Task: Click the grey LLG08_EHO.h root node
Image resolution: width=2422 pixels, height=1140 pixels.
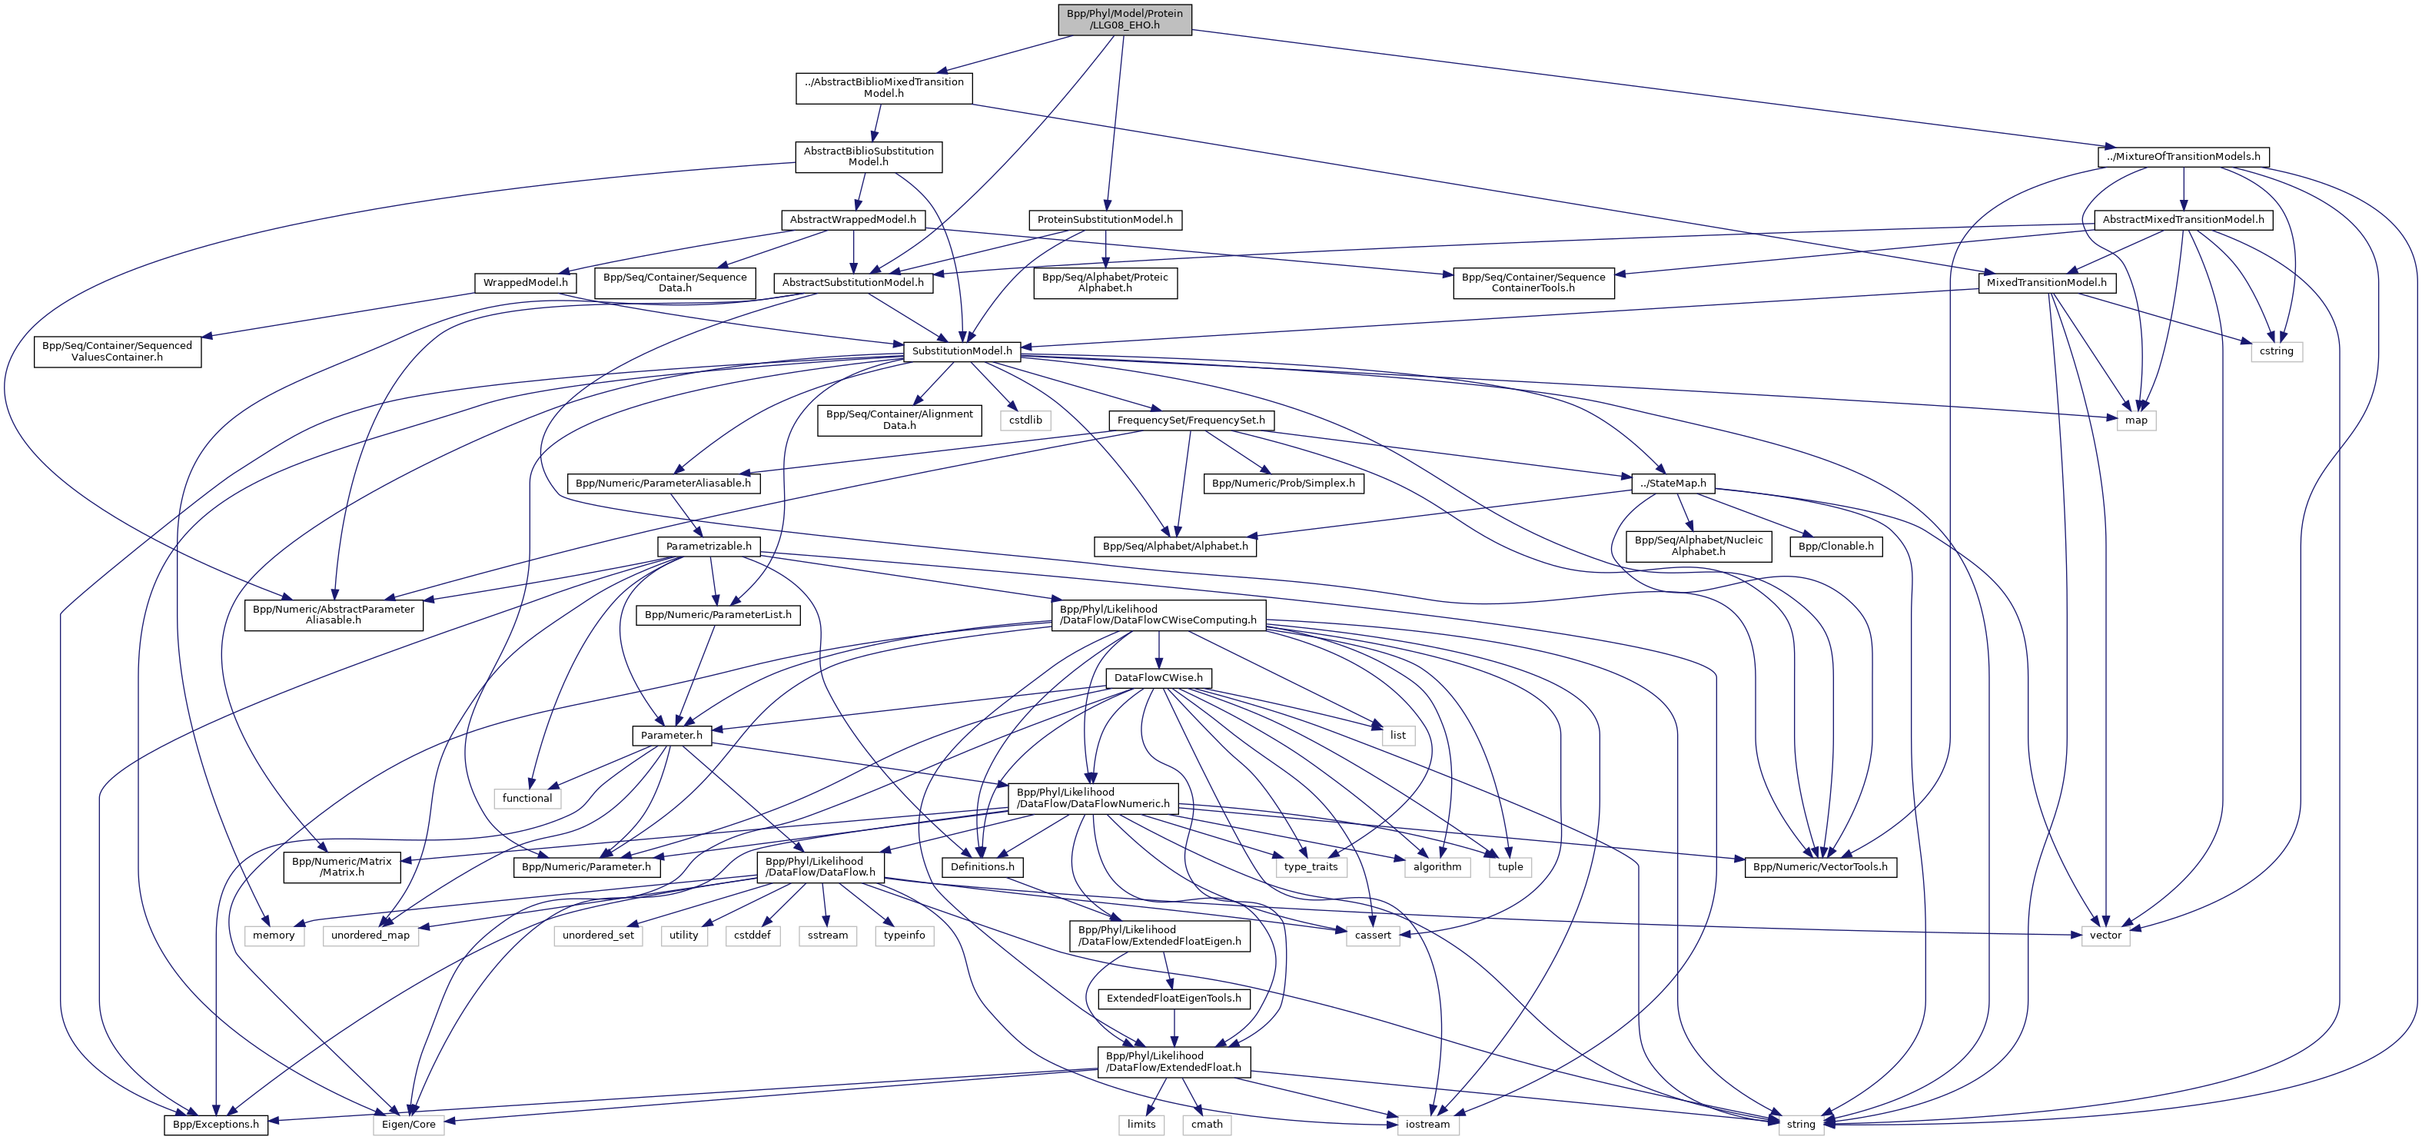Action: coord(1125,18)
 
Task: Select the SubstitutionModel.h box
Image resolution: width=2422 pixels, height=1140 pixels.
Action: coord(962,351)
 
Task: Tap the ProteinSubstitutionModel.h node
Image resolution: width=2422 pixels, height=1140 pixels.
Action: coord(1105,219)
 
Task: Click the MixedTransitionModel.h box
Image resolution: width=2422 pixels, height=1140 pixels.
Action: coord(2046,282)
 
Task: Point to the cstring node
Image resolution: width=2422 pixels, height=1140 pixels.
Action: coord(2276,351)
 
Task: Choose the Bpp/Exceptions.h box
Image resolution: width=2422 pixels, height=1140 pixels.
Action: coord(216,1124)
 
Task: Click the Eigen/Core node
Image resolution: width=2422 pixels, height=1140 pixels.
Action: coord(408,1124)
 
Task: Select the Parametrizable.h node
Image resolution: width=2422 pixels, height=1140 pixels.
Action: coord(708,546)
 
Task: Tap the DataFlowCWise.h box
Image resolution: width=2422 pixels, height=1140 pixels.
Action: coord(1158,677)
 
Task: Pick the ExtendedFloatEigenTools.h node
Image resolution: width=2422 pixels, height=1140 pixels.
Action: coord(1174,998)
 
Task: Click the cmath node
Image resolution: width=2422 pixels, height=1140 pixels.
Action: coord(1206,1124)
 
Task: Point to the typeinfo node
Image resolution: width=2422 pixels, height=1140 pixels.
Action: coord(904,935)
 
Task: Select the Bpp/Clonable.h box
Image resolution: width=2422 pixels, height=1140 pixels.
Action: coord(1836,546)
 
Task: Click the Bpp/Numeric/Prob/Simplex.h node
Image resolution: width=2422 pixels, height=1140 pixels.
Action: coord(1284,483)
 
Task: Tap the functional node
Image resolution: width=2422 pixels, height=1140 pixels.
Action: coord(527,798)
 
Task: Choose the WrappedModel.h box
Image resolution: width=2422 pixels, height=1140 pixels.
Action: coord(525,282)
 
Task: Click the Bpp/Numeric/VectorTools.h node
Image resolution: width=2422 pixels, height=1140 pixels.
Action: coord(1819,866)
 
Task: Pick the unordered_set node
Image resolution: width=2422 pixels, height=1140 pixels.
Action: coord(598,935)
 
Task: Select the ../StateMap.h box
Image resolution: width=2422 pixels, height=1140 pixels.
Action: coord(1673,483)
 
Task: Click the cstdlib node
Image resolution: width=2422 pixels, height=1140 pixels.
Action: coord(1025,420)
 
